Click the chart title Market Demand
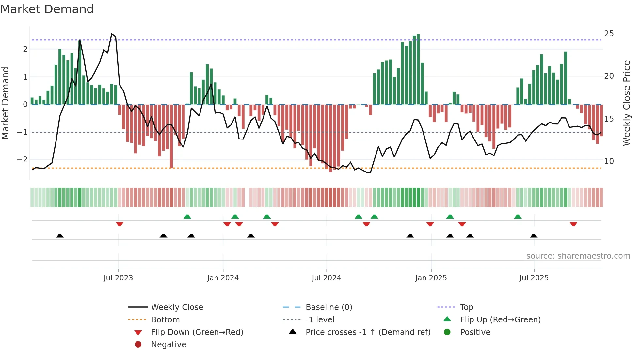coord(47,9)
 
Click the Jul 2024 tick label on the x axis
coord(326,278)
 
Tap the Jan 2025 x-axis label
coord(431,278)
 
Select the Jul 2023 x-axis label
coord(118,278)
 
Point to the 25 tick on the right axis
coord(609,34)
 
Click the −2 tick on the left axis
coord(22,160)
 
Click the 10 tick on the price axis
coord(609,161)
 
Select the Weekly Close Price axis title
coord(626,103)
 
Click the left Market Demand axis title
coord(6,103)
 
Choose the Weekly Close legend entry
coord(177,307)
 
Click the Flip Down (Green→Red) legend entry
coord(197,332)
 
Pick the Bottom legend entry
coord(165,320)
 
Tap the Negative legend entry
coord(168,345)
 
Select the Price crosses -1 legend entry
coord(368,332)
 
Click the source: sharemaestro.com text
coord(578,256)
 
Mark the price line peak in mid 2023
coord(112,34)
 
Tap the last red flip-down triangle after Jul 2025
coord(573,224)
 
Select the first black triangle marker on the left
coord(60,236)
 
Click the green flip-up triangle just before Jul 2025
coord(518,217)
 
